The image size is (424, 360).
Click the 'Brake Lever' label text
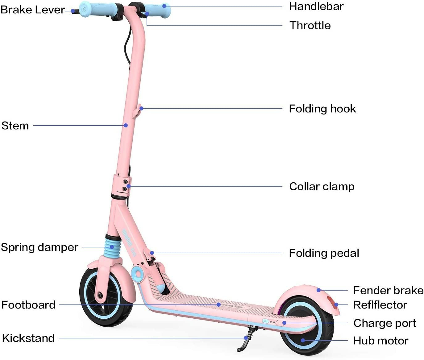click(x=33, y=10)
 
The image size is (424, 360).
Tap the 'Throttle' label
click(x=310, y=25)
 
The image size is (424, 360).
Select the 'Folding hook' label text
click(x=322, y=109)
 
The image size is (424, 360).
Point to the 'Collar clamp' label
click(x=322, y=186)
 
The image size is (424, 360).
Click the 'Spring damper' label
click(x=39, y=247)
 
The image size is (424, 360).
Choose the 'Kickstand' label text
click(x=28, y=338)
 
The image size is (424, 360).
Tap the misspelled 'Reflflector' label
click(x=380, y=305)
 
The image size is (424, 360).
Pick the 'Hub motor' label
click(x=380, y=341)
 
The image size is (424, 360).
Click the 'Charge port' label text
click(x=385, y=323)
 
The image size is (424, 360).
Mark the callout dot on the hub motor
click(x=303, y=341)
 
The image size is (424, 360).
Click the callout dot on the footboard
click(x=218, y=304)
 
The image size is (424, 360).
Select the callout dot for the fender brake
click(x=318, y=290)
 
